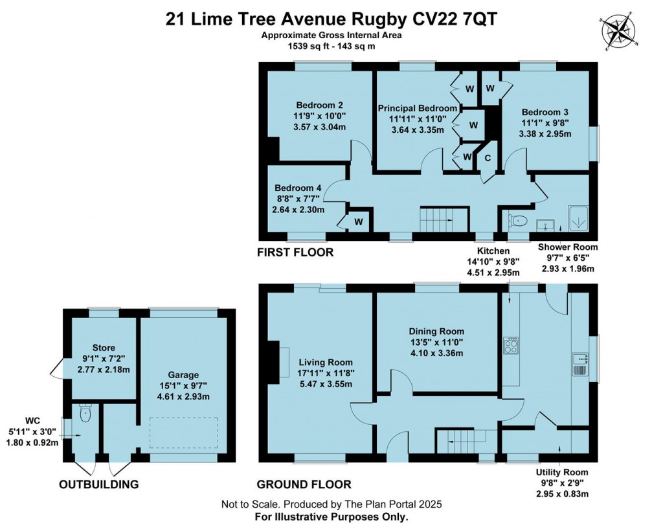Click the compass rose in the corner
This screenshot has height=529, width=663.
click(x=618, y=31)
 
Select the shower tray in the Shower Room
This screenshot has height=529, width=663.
click(x=578, y=219)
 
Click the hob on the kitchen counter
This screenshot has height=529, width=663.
click(x=511, y=345)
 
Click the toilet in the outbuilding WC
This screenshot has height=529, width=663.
click(x=85, y=412)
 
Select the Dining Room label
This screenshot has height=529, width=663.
click(x=436, y=331)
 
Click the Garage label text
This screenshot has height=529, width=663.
click(x=183, y=375)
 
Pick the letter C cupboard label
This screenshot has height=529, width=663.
click(x=488, y=158)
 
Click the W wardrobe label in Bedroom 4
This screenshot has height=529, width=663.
click(x=359, y=222)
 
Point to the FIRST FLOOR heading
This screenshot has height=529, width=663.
click(x=295, y=253)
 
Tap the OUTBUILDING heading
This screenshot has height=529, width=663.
click(x=98, y=484)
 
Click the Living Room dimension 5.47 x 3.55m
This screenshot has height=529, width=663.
click(x=326, y=384)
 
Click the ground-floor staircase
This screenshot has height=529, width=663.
click(x=461, y=442)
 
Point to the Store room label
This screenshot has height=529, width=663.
click(x=104, y=348)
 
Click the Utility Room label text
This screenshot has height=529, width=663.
click(x=562, y=472)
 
